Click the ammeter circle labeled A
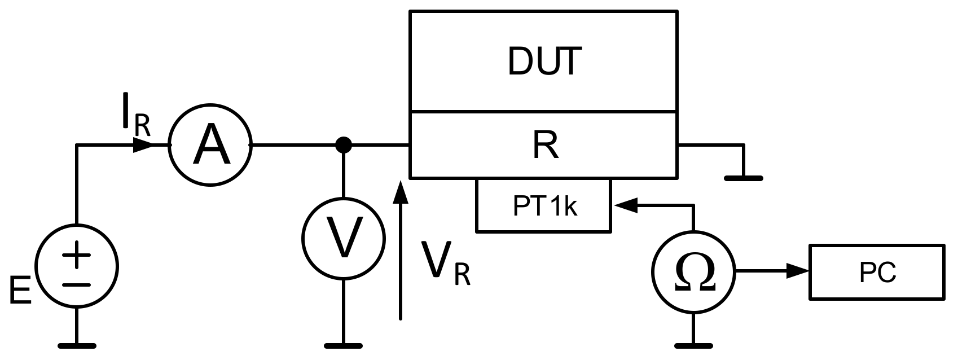tap(210, 146)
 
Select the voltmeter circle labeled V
tap(344, 238)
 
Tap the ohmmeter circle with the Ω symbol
tap(693, 273)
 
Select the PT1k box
tap(543, 205)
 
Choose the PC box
tap(877, 273)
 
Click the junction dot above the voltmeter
tap(343, 146)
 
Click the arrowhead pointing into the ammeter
tap(144, 146)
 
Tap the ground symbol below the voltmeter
tap(343, 345)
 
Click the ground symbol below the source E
tap(77, 345)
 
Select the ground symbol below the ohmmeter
tap(693, 344)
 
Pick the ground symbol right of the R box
tap(744, 178)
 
